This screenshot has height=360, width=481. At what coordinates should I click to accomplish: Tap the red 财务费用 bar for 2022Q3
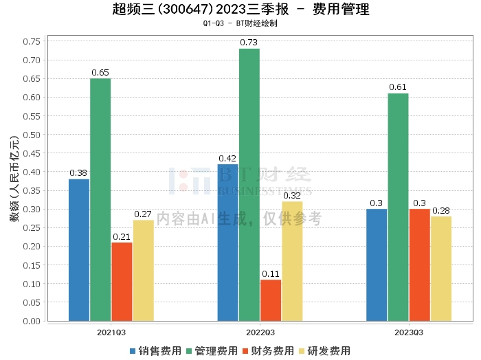click(x=271, y=300)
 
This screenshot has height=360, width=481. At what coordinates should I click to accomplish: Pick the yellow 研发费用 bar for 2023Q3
click(x=441, y=269)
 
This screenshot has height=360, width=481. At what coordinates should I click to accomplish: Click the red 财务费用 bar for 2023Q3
click(x=420, y=265)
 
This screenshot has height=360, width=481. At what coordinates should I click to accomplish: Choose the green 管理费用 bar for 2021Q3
click(x=100, y=199)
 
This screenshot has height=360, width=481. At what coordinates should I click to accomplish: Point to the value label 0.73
click(x=249, y=43)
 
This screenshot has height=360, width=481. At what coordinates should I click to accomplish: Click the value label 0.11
click(x=271, y=273)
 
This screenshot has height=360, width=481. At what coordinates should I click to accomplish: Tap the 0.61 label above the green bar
click(x=398, y=87)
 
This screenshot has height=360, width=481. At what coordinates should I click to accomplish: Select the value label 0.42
click(x=227, y=158)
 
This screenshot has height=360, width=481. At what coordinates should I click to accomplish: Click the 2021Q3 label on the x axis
click(x=111, y=332)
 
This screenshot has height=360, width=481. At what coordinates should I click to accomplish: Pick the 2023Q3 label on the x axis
click(x=408, y=332)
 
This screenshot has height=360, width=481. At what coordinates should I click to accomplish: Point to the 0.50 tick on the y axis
click(x=31, y=134)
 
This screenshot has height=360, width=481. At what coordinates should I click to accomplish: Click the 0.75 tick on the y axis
click(x=31, y=41)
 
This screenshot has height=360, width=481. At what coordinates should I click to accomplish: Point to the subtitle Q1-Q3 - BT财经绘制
click(x=240, y=23)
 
